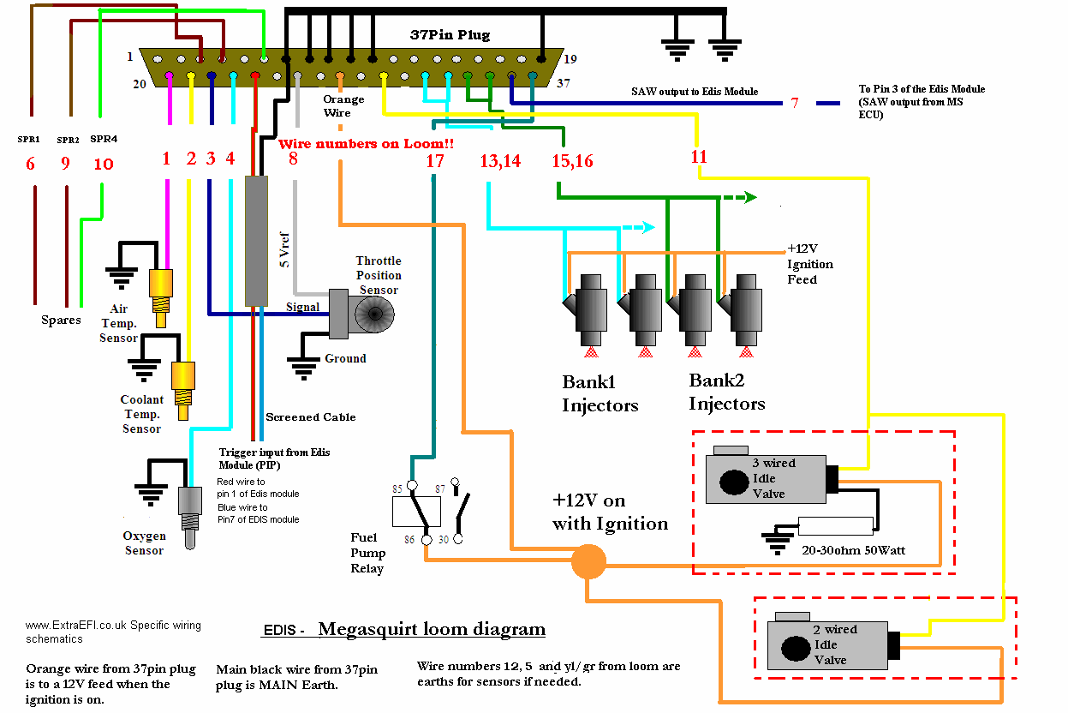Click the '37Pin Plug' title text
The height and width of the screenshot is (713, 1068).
[x=450, y=35]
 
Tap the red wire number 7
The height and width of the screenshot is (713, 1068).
[x=794, y=104]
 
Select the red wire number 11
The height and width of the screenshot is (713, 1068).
[x=699, y=156]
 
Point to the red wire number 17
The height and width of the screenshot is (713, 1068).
[x=434, y=159]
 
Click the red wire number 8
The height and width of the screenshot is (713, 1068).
[x=293, y=158]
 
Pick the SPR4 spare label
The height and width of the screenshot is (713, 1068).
[x=103, y=139]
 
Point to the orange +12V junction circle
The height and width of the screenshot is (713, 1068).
[x=588, y=562]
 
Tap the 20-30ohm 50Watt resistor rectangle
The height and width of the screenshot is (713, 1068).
[x=835, y=526]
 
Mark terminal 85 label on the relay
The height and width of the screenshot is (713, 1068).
[x=397, y=489]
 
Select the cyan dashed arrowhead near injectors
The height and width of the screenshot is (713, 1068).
[x=648, y=228]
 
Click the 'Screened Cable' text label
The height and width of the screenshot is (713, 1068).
[x=311, y=417]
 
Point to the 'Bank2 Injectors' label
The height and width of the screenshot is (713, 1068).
[x=726, y=392]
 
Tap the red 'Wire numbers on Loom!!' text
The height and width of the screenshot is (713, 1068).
[x=366, y=144]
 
